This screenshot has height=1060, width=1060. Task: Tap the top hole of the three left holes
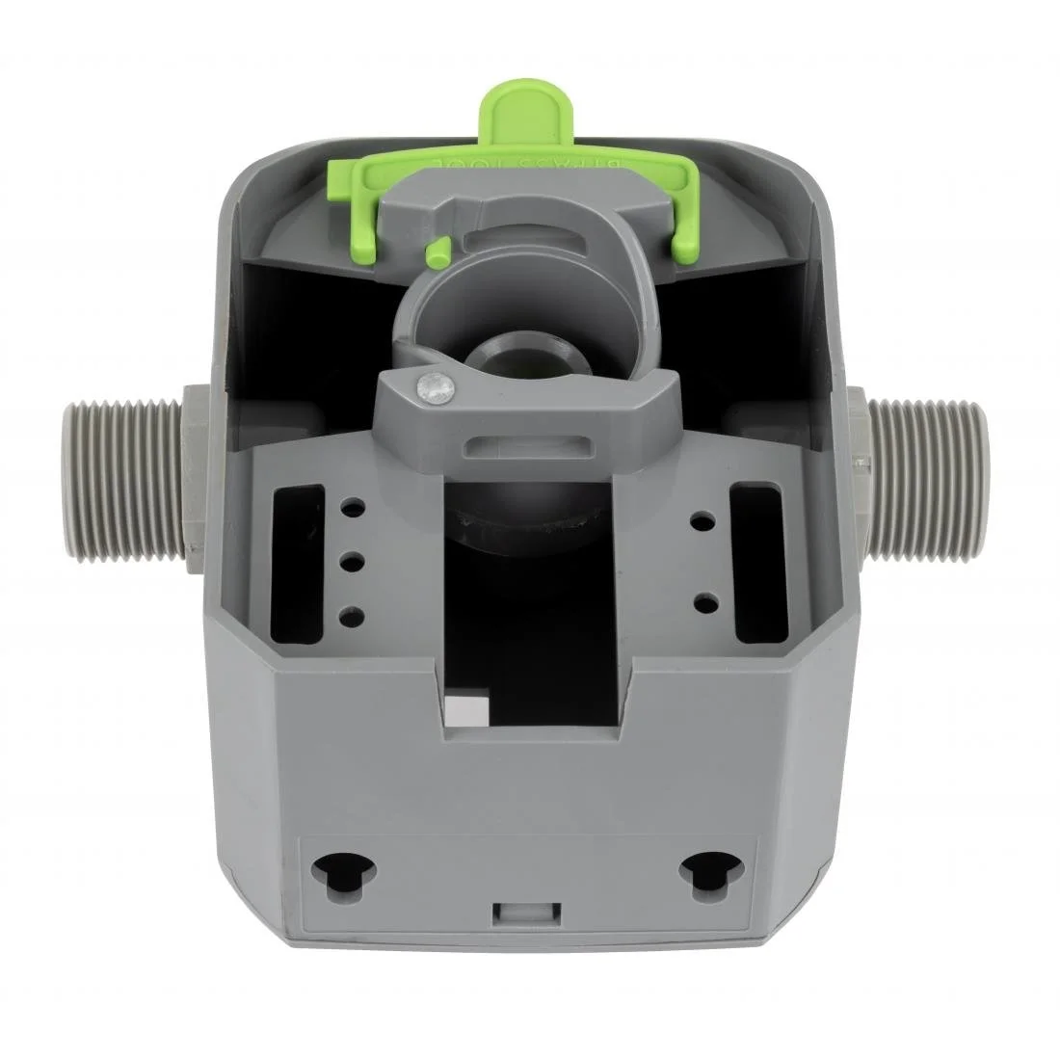point(353,505)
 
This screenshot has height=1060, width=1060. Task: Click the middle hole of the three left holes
point(353,558)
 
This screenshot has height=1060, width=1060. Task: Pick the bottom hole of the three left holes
point(353,612)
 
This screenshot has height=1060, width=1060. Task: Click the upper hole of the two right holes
point(703,521)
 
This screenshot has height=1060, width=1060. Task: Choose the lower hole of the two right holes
point(703,601)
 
